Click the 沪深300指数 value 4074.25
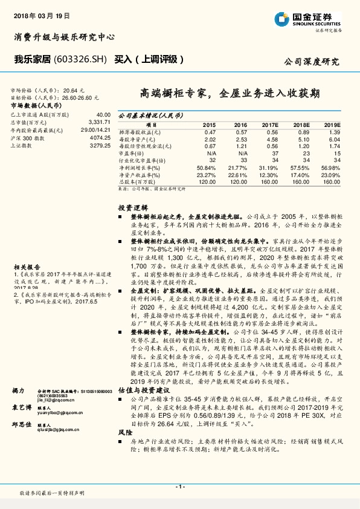coord(100,138)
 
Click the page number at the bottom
coord(179,486)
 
